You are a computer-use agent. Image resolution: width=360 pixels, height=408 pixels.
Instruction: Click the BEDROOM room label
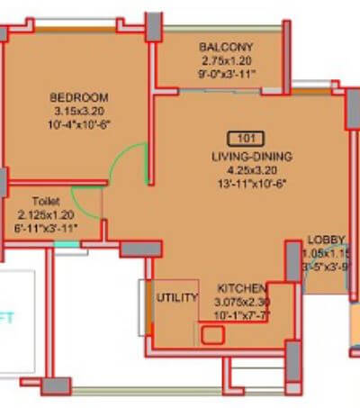click(79, 97)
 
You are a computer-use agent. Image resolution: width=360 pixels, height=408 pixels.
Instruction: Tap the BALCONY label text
click(227, 47)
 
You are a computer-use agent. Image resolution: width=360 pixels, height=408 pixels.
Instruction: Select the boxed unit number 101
click(247, 139)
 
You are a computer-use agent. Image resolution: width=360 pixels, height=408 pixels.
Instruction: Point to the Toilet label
click(46, 202)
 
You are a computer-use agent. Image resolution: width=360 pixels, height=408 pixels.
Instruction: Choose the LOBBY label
click(323, 240)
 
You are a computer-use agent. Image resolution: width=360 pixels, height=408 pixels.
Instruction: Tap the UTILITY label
click(178, 297)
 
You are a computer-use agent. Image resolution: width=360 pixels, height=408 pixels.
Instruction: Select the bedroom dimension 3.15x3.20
click(79, 112)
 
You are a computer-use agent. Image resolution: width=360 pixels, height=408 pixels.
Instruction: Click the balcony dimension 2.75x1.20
click(227, 59)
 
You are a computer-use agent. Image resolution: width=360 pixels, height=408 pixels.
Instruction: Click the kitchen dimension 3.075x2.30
click(242, 303)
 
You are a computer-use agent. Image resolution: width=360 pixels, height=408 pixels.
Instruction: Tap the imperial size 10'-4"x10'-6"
click(79, 126)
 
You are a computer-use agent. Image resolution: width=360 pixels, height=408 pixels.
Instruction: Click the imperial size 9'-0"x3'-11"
click(227, 74)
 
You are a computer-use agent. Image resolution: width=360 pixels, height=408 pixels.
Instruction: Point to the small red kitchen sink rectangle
click(213, 336)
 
